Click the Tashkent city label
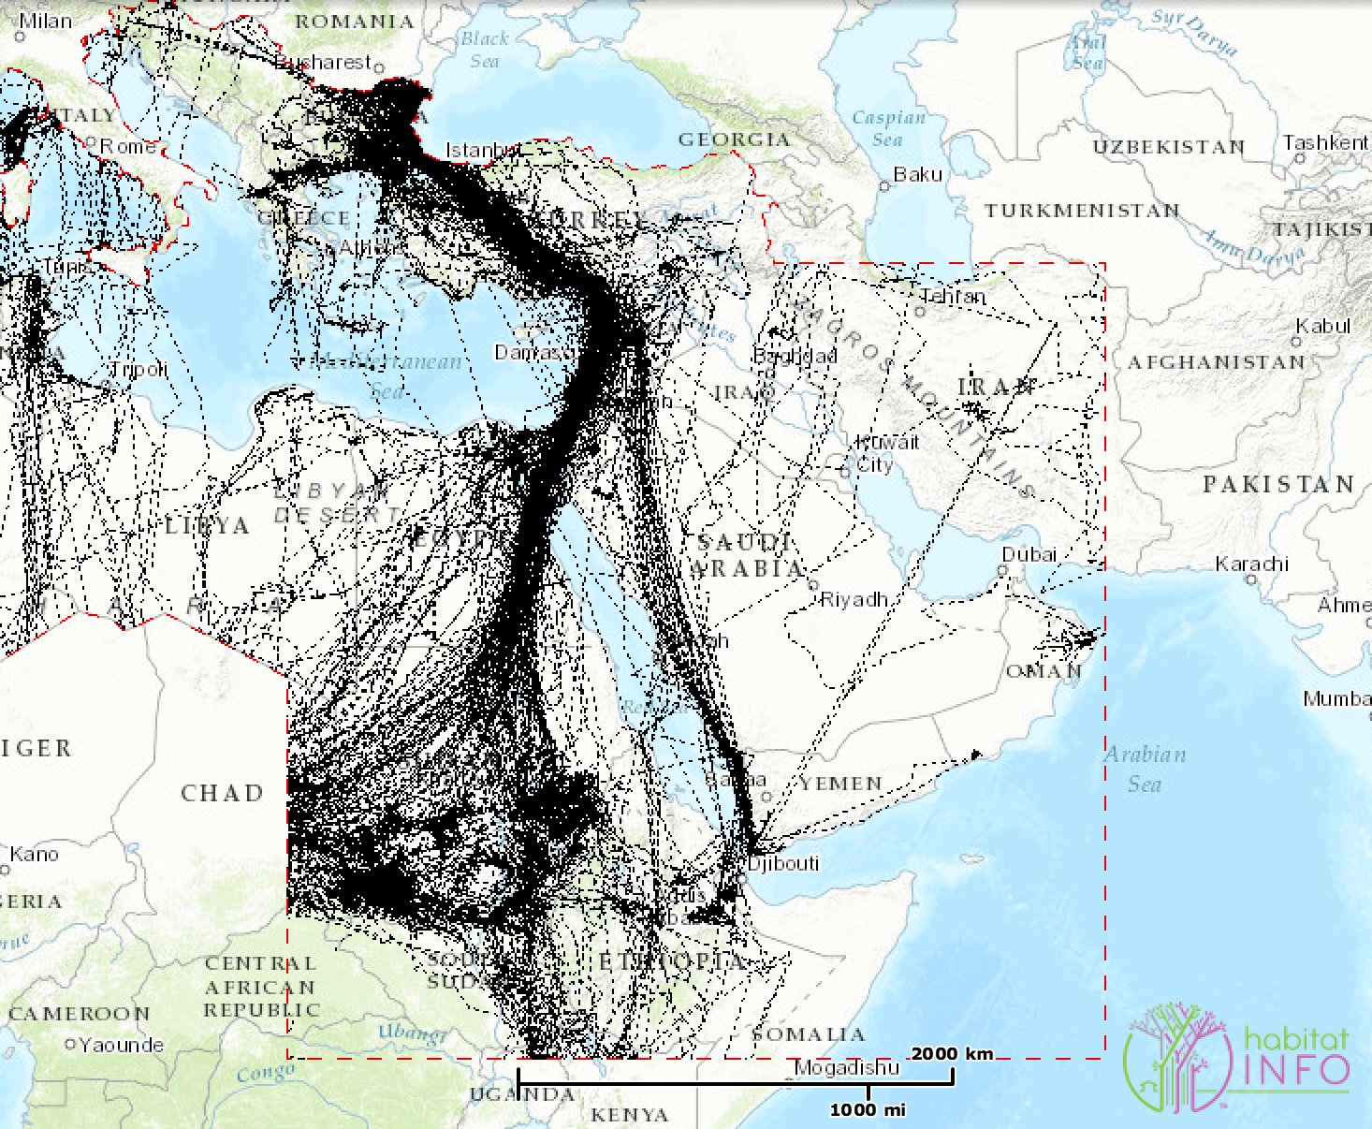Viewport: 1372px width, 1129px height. click(x=1324, y=142)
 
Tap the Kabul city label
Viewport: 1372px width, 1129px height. click(x=1323, y=326)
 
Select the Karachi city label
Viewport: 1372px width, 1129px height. click(x=1251, y=564)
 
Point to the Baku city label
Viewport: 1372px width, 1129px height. click(x=917, y=174)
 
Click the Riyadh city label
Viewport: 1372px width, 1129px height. click(x=854, y=599)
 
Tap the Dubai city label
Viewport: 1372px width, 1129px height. click(x=1029, y=554)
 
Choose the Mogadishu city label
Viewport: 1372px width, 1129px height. click(x=846, y=1067)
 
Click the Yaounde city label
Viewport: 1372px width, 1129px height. click(x=121, y=1045)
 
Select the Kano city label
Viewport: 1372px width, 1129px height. click(x=34, y=854)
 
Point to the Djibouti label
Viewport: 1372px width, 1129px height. click(x=783, y=862)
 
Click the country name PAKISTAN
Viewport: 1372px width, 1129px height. click(x=1278, y=484)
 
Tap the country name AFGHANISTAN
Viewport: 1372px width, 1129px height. click(x=1216, y=362)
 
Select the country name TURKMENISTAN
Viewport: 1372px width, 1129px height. click(x=1081, y=211)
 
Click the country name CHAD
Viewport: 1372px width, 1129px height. click(x=222, y=793)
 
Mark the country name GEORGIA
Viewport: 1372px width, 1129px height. click(x=734, y=139)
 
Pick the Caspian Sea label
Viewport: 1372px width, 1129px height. click(x=888, y=128)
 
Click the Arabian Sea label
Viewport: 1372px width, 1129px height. click(x=1146, y=769)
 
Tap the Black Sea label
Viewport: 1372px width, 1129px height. click(x=485, y=50)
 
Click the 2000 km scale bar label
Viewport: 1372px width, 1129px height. click(x=952, y=1054)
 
